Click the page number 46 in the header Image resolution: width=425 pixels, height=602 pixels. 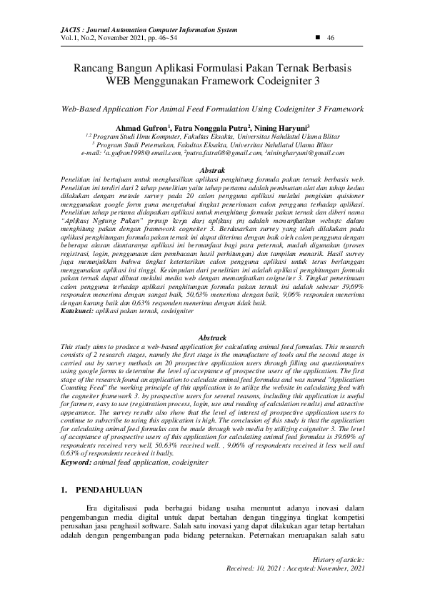click(331, 37)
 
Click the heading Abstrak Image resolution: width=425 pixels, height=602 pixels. click(212, 171)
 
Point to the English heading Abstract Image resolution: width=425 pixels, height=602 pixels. click(212, 337)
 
